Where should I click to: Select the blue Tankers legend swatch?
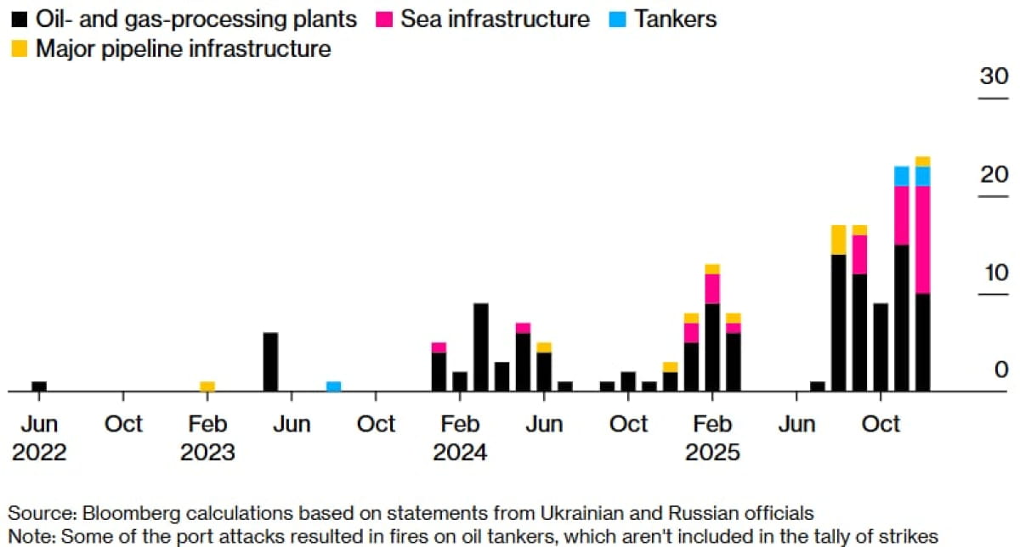pos(618,19)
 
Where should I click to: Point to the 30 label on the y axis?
pos(993,76)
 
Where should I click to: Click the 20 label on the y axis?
pos(993,175)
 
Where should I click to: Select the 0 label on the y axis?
pos(1000,370)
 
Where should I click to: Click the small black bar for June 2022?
pos(39,386)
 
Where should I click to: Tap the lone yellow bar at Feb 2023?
pos(207,386)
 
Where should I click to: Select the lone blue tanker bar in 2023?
pos(334,386)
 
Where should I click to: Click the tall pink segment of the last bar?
pos(922,240)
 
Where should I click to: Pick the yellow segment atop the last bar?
pos(922,161)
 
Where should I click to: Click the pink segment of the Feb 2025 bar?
pos(712,289)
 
